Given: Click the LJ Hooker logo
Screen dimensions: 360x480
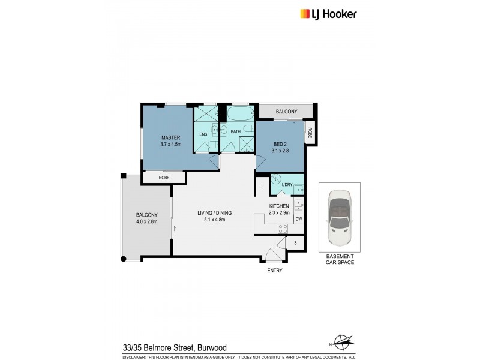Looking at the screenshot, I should coord(328,14).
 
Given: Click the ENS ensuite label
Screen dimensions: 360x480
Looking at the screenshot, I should coord(203,134).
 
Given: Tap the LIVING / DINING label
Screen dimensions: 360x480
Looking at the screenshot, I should coord(215,213).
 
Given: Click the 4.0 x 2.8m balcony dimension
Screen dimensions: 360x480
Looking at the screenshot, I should coord(146,222).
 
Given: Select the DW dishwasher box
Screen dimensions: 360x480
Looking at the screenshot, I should coord(298,219).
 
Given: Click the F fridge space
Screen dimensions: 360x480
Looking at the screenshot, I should coord(262,189).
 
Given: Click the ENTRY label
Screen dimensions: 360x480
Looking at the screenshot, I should coord(274,270).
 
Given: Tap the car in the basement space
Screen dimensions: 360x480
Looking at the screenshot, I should coord(339,217).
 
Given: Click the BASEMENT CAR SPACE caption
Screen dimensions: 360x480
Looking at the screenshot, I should coord(339,259).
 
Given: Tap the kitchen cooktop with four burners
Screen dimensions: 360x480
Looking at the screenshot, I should coord(283,228).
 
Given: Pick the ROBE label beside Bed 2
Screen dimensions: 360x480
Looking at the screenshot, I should coord(310,133).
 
